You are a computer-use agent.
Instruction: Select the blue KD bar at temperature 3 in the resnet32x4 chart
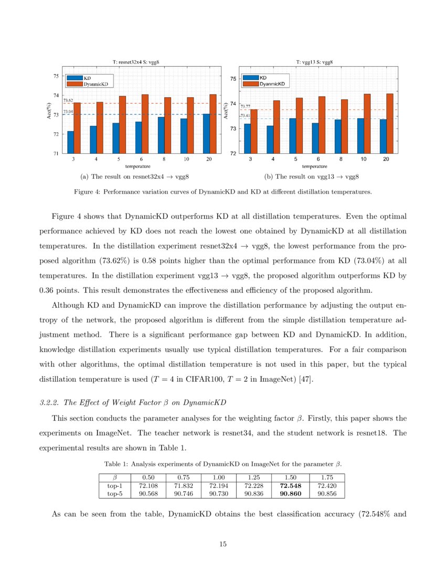70,142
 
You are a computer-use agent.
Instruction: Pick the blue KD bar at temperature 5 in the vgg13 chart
292,136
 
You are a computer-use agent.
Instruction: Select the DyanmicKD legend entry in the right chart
272,84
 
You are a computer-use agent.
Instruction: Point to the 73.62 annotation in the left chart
68,100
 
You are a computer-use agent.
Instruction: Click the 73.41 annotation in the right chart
245,115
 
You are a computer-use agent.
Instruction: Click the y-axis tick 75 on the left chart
55,76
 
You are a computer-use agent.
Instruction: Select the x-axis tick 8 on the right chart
341,159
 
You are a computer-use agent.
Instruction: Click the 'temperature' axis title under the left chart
137,166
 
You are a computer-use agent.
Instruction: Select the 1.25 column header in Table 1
254,477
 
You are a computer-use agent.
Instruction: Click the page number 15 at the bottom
222,544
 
